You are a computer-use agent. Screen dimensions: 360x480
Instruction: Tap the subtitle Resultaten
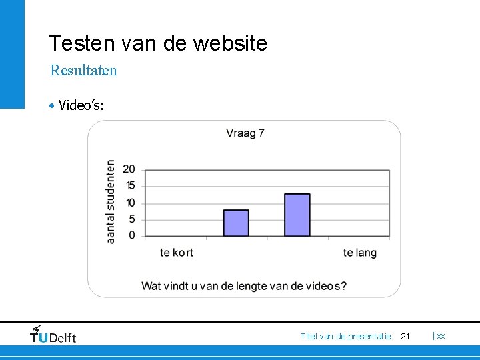(84, 70)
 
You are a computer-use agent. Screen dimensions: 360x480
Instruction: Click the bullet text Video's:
(81, 105)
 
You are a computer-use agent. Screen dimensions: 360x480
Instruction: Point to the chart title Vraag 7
(245, 133)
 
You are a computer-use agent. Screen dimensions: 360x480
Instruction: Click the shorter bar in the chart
(236, 223)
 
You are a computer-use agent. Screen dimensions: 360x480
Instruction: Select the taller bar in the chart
(297, 215)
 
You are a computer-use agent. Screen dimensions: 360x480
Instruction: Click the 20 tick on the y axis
(129, 169)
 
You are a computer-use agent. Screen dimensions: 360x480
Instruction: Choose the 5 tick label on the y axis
(131, 219)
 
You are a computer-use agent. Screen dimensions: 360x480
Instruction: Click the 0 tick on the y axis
(131, 235)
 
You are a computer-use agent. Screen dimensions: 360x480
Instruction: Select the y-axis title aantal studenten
(111, 201)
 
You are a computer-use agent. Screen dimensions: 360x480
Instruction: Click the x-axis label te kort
(177, 253)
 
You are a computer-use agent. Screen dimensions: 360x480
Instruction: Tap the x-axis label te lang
(360, 253)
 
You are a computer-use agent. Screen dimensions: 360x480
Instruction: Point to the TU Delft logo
(53, 335)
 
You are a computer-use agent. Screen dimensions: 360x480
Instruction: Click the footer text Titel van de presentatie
(345, 337)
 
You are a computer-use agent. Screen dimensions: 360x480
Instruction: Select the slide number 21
(405, 337)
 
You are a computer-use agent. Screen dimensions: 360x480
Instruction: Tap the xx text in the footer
(441, 336)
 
